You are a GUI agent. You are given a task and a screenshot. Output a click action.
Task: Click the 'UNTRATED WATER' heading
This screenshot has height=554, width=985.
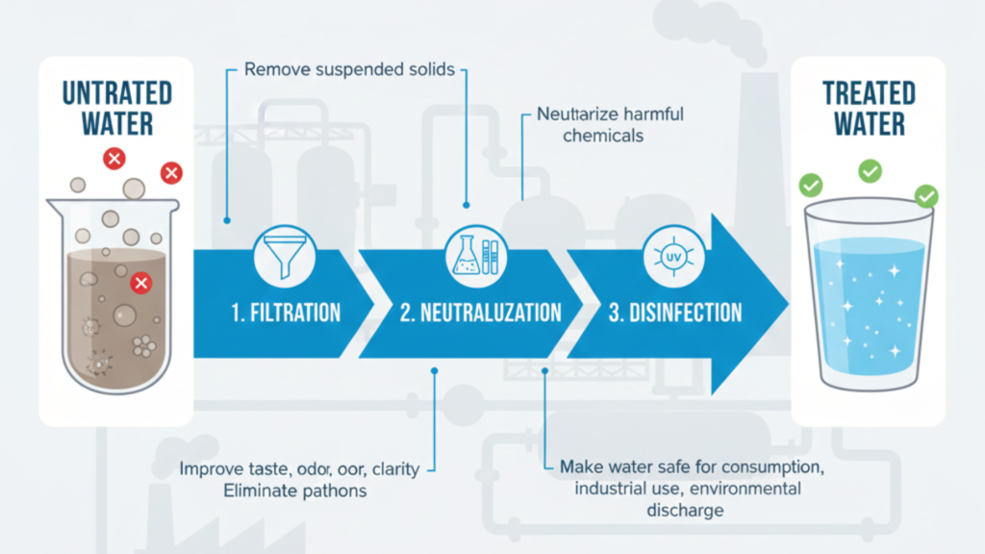tap(116, 108)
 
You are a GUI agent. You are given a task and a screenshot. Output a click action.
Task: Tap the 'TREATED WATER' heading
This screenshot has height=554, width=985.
tap(869, 108)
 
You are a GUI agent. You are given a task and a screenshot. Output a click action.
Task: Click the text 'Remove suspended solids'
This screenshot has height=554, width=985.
tap(349, 70)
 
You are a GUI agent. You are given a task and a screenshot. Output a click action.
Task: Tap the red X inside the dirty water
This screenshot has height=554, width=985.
tap(140, 283)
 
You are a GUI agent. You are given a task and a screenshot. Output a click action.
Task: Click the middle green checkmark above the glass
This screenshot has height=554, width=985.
tap(870, 171)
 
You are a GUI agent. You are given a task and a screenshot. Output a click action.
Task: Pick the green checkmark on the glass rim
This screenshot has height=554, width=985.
tap(926, 196)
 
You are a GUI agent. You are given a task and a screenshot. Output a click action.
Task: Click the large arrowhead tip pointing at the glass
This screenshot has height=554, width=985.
tap(784, 304)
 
